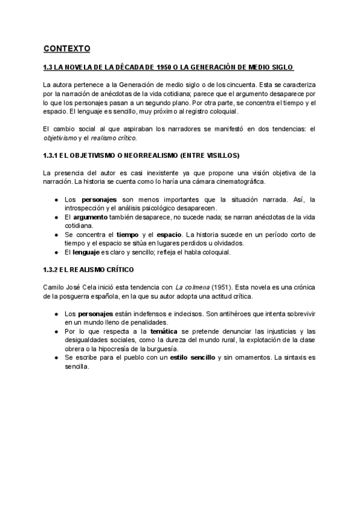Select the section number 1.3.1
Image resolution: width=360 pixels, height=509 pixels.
tap(52, 155)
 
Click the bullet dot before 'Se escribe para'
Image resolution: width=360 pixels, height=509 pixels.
tap(55, 358)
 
